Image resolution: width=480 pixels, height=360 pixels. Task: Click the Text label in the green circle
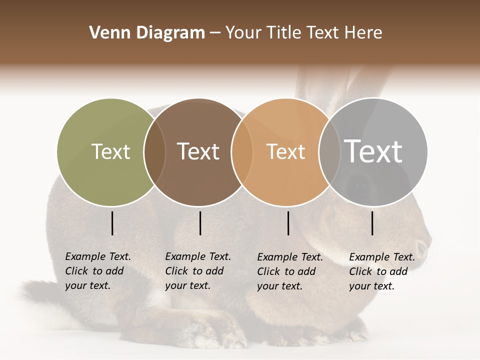click(x=111, y=151)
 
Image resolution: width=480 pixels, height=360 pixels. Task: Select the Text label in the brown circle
click(x=198, y=151)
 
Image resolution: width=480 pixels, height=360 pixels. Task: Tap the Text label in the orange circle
click(x=285, y=151)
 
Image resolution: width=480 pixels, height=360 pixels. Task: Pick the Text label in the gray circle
click(x=373, y=151)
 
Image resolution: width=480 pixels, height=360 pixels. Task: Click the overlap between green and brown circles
click(x=154, y=152)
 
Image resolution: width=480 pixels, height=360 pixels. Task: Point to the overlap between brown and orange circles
click(x=241, y=152)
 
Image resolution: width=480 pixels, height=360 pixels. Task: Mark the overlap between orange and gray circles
click(x=329, y=152)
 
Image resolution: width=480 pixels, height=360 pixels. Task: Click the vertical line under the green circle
click(x=112, y=223)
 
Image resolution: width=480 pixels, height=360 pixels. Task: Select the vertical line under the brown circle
click(x=200, y=223)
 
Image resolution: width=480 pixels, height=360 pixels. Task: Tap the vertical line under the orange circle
click(x=288, y=223)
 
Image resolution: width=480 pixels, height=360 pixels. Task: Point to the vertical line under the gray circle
click(x=372, y=223)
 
